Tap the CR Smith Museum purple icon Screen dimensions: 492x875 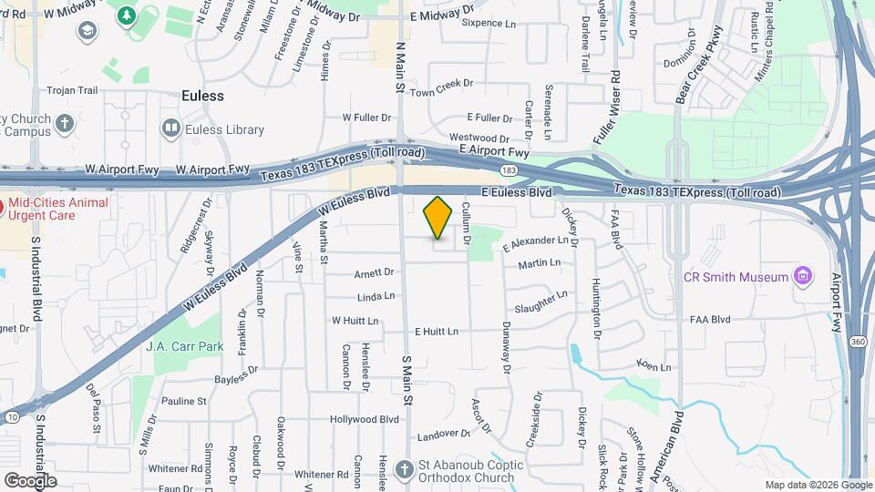point(802,275)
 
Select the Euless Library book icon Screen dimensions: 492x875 point(170,128)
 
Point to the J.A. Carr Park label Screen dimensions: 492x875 point(184,346)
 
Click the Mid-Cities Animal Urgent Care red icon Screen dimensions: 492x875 point(4,209)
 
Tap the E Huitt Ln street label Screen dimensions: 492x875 point(436,332)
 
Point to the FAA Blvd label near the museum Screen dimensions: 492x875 point(710,320)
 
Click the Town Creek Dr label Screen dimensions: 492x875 point(442,93)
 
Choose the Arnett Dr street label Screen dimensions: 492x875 point(374,272)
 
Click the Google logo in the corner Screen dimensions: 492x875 point(30,481)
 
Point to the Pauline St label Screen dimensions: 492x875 point(184,401)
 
